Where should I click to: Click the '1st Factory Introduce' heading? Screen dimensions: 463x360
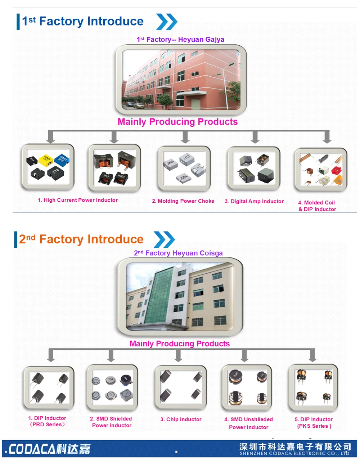pyautogui.click(x=83, y=21)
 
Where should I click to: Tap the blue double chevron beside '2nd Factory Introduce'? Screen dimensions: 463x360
pyautogui.click(x=164, y=239)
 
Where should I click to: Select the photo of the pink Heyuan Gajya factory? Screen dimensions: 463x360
pyautogui.click(x=181, y=79)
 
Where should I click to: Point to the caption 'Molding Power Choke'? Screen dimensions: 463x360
pyautogui.click(x=183, y=201)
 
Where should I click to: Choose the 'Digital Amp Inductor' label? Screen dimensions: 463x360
pyautogui.click(x=254, y=202)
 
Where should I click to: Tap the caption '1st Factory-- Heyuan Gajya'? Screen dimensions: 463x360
pyautogui.click(x=180, y=40)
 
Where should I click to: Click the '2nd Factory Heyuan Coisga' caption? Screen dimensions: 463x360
pyautogui.click(x=178, y=253)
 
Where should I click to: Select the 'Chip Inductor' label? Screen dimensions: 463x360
pyautogui.click(x=181, y=419)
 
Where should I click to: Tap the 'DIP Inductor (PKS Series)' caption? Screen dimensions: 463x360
pyautogui.click(x=314, y=423)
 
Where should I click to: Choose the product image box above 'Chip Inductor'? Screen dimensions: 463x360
pyautogui.click(x=181, y=388)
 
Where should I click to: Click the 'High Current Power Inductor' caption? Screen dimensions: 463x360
pyautogui.click(x=78, y=200)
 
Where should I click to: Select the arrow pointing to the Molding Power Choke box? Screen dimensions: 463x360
pyautogui.click(x=185, y=137)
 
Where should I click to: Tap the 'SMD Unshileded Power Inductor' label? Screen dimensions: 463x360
pyautogui.click(x=248, y=423)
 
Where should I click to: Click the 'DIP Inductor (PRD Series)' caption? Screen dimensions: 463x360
pyautogui.click(x=47, y=421)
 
